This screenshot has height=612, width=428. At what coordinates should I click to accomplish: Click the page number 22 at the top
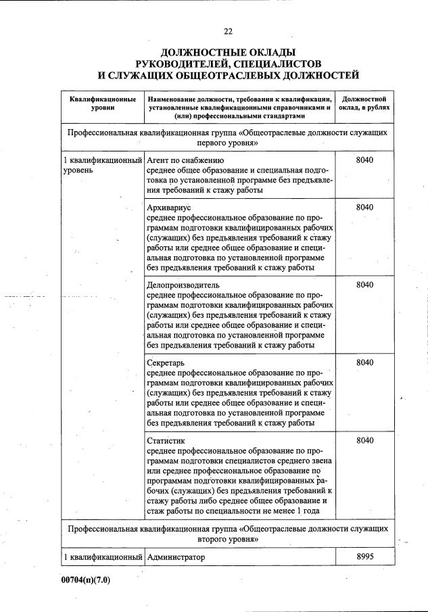[x=228, y=30]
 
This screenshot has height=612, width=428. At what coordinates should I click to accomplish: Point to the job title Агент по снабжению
[x=185, y=160]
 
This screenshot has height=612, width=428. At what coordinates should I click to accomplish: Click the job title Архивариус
[x=169, y=208]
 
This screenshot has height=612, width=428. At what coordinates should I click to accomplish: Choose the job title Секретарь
[x=166, y=362]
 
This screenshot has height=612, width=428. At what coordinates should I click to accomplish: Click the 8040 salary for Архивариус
[x=364, y=208]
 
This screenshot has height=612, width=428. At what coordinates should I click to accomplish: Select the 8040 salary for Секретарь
[x=364, y=362]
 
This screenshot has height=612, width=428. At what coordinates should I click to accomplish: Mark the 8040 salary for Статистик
[x=364, y=440]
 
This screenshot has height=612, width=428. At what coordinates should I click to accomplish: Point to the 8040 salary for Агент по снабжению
[x=364, y=160]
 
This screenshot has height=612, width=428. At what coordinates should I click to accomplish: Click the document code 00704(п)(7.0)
[x=86, y=580]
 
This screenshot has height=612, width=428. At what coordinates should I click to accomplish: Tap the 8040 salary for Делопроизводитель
[x=364, y=285]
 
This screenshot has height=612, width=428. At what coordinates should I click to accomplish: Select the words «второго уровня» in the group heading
[x=228, y=540]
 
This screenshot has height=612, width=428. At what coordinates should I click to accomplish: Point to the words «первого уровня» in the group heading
[x=228, y=144]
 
